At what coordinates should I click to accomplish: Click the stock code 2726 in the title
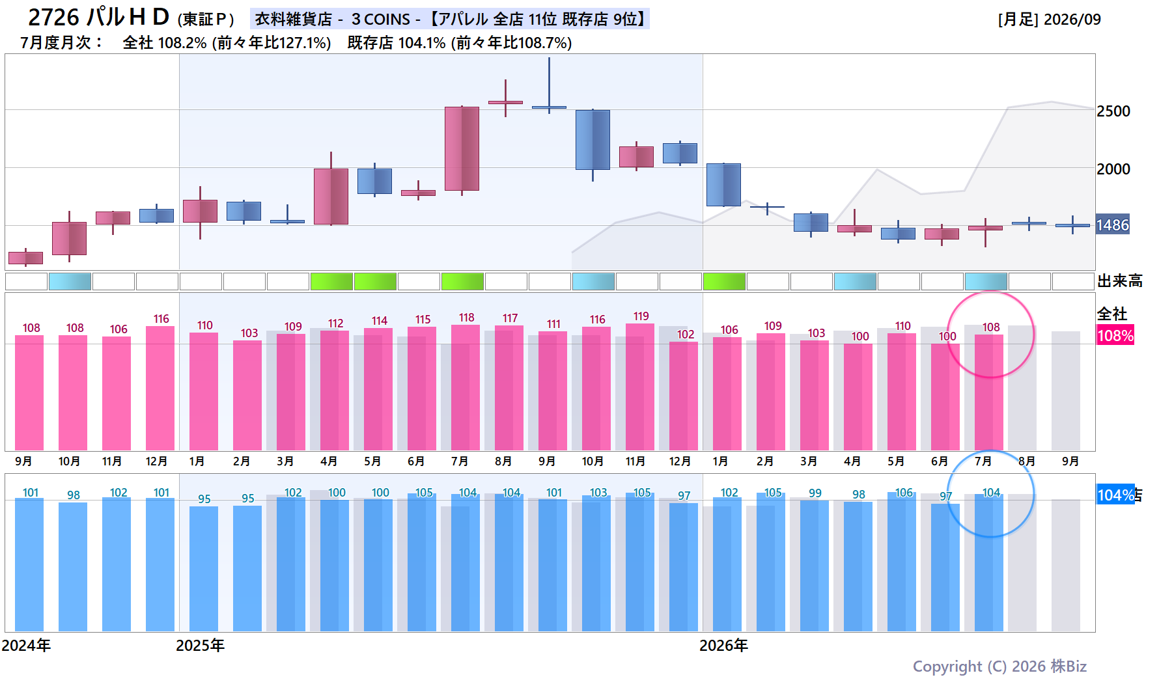point(54,18)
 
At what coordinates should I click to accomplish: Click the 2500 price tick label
point(1113,111)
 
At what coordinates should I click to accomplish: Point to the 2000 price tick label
point(1113,169)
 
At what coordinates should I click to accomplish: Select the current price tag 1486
point(1113,225)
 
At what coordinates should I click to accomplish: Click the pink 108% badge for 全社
point(1115,336)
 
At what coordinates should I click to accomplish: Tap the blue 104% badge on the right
point(1116,495)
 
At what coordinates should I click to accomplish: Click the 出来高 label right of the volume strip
point(1120,281)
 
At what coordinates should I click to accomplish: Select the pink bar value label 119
point(641,316)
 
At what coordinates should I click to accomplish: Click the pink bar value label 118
point(467,318)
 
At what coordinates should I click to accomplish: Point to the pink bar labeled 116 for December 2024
point(160,388)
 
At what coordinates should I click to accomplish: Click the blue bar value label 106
point(904,493)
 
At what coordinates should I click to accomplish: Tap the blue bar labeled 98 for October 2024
point(73,567)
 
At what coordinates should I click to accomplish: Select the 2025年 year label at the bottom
point(201,646)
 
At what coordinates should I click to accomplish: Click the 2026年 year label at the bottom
point(723,646)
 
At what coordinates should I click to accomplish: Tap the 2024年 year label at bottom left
point(26,646)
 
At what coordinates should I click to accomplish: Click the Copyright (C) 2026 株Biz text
point(999,666)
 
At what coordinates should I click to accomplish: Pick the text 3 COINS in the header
point(381,20)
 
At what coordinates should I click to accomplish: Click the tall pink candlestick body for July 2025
point(462,148)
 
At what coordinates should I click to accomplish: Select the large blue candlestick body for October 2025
point(593,140)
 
